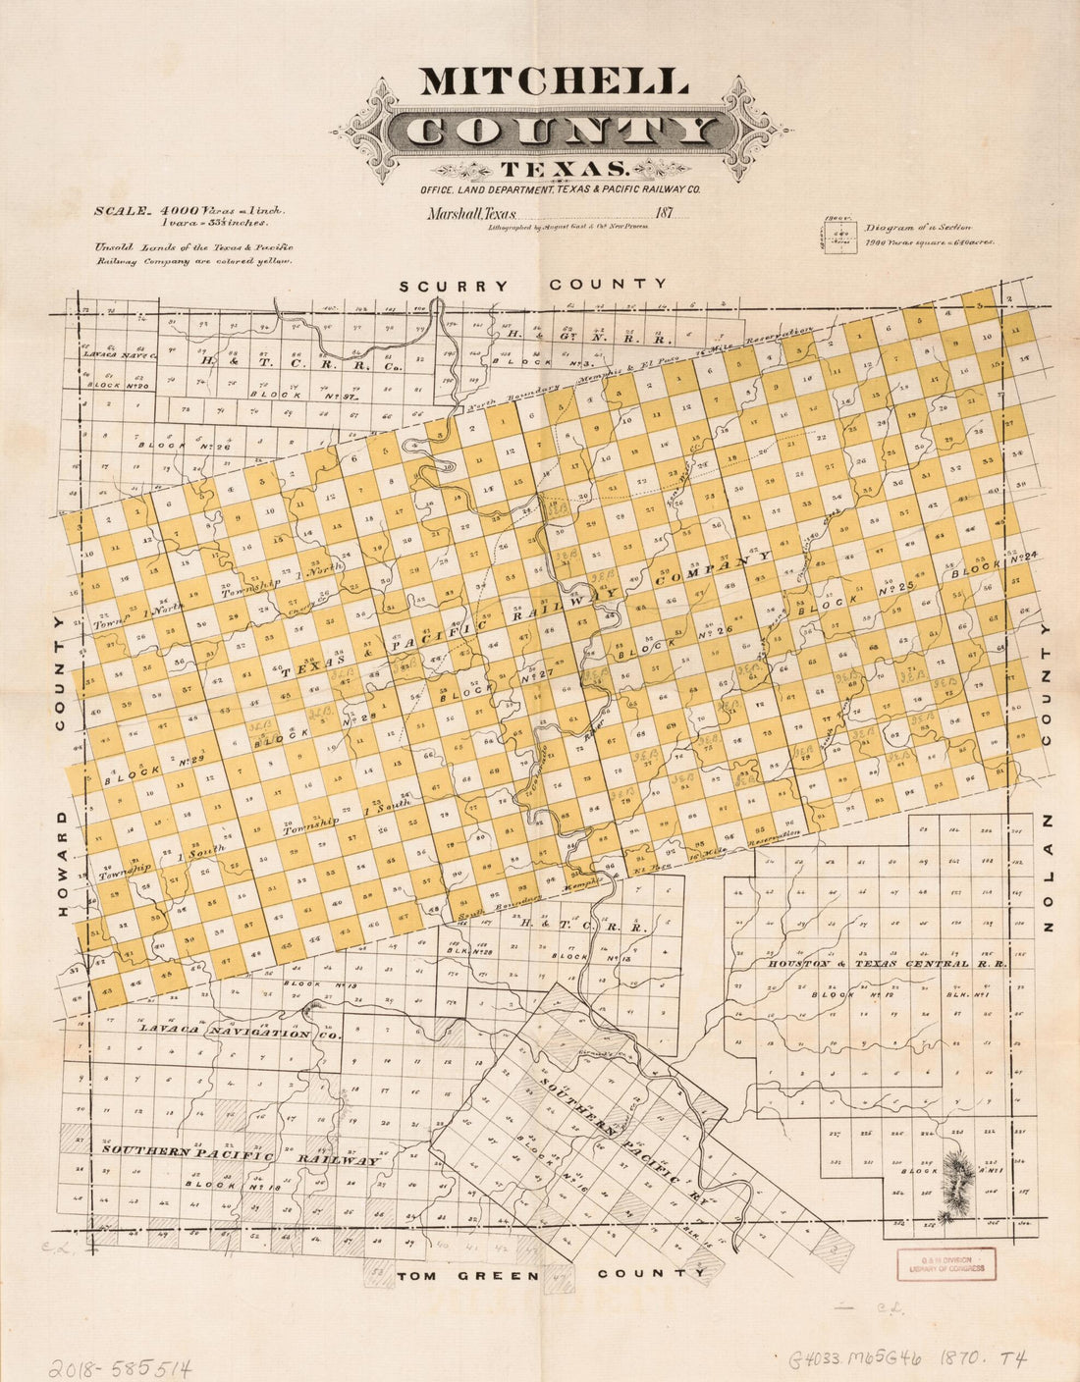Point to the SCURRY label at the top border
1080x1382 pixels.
(x=453, y=286)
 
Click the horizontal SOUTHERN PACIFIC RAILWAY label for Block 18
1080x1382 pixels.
(x=241, y=1154)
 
